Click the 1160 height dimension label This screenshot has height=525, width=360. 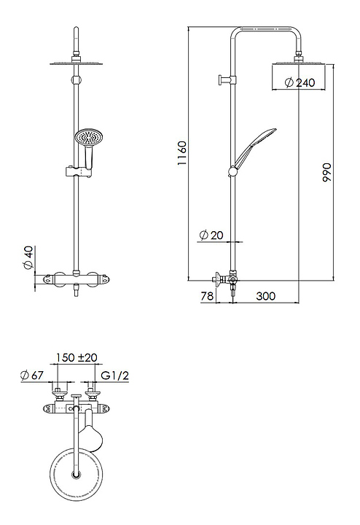point(181,153)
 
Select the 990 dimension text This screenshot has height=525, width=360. point(326,172)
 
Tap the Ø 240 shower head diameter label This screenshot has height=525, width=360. point(300,82)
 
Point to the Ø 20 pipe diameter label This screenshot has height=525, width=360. point(211,235)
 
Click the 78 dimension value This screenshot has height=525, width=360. point(207,296)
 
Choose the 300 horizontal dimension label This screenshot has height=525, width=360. point(266,296)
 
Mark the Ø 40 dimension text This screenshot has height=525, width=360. point(28,257)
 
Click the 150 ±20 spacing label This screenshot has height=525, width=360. point(77,357)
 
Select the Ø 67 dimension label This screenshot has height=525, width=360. point(32,376)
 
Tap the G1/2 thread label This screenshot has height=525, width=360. point(114,376)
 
